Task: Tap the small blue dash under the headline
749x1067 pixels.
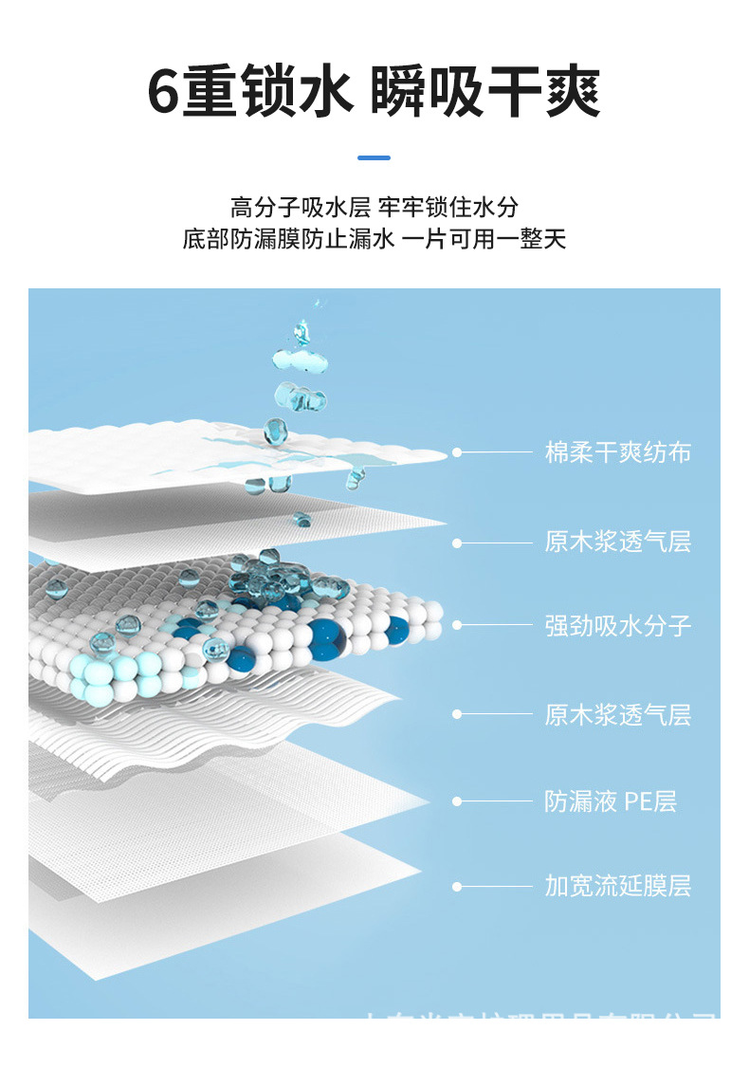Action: tap(374, 157)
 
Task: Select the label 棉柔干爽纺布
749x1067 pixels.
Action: tap(617, 452)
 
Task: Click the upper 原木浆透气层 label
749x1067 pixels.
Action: tap(617, 543)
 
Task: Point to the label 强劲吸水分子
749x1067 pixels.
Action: tap(617, 625)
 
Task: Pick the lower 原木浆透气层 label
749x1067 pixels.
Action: tap(617, 714)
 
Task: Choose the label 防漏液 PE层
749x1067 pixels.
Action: tap(610, 801)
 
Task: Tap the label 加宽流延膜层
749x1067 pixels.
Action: tap(617, 887)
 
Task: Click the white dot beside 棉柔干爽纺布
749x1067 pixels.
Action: tap(457, 452)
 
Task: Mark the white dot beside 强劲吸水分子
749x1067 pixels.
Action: tap(457, 625)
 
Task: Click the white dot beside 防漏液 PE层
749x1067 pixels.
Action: tap(457, 801)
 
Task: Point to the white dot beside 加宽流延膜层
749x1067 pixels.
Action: tap(457, 887)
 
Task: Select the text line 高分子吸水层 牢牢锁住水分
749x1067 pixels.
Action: tap(374, 207)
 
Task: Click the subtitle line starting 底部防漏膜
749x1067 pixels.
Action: tap(374, 239)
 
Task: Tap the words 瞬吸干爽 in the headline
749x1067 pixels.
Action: tap(485, 92)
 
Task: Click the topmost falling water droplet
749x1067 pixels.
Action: tap(301, 331)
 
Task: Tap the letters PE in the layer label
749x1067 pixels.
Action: tap(637, 801)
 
